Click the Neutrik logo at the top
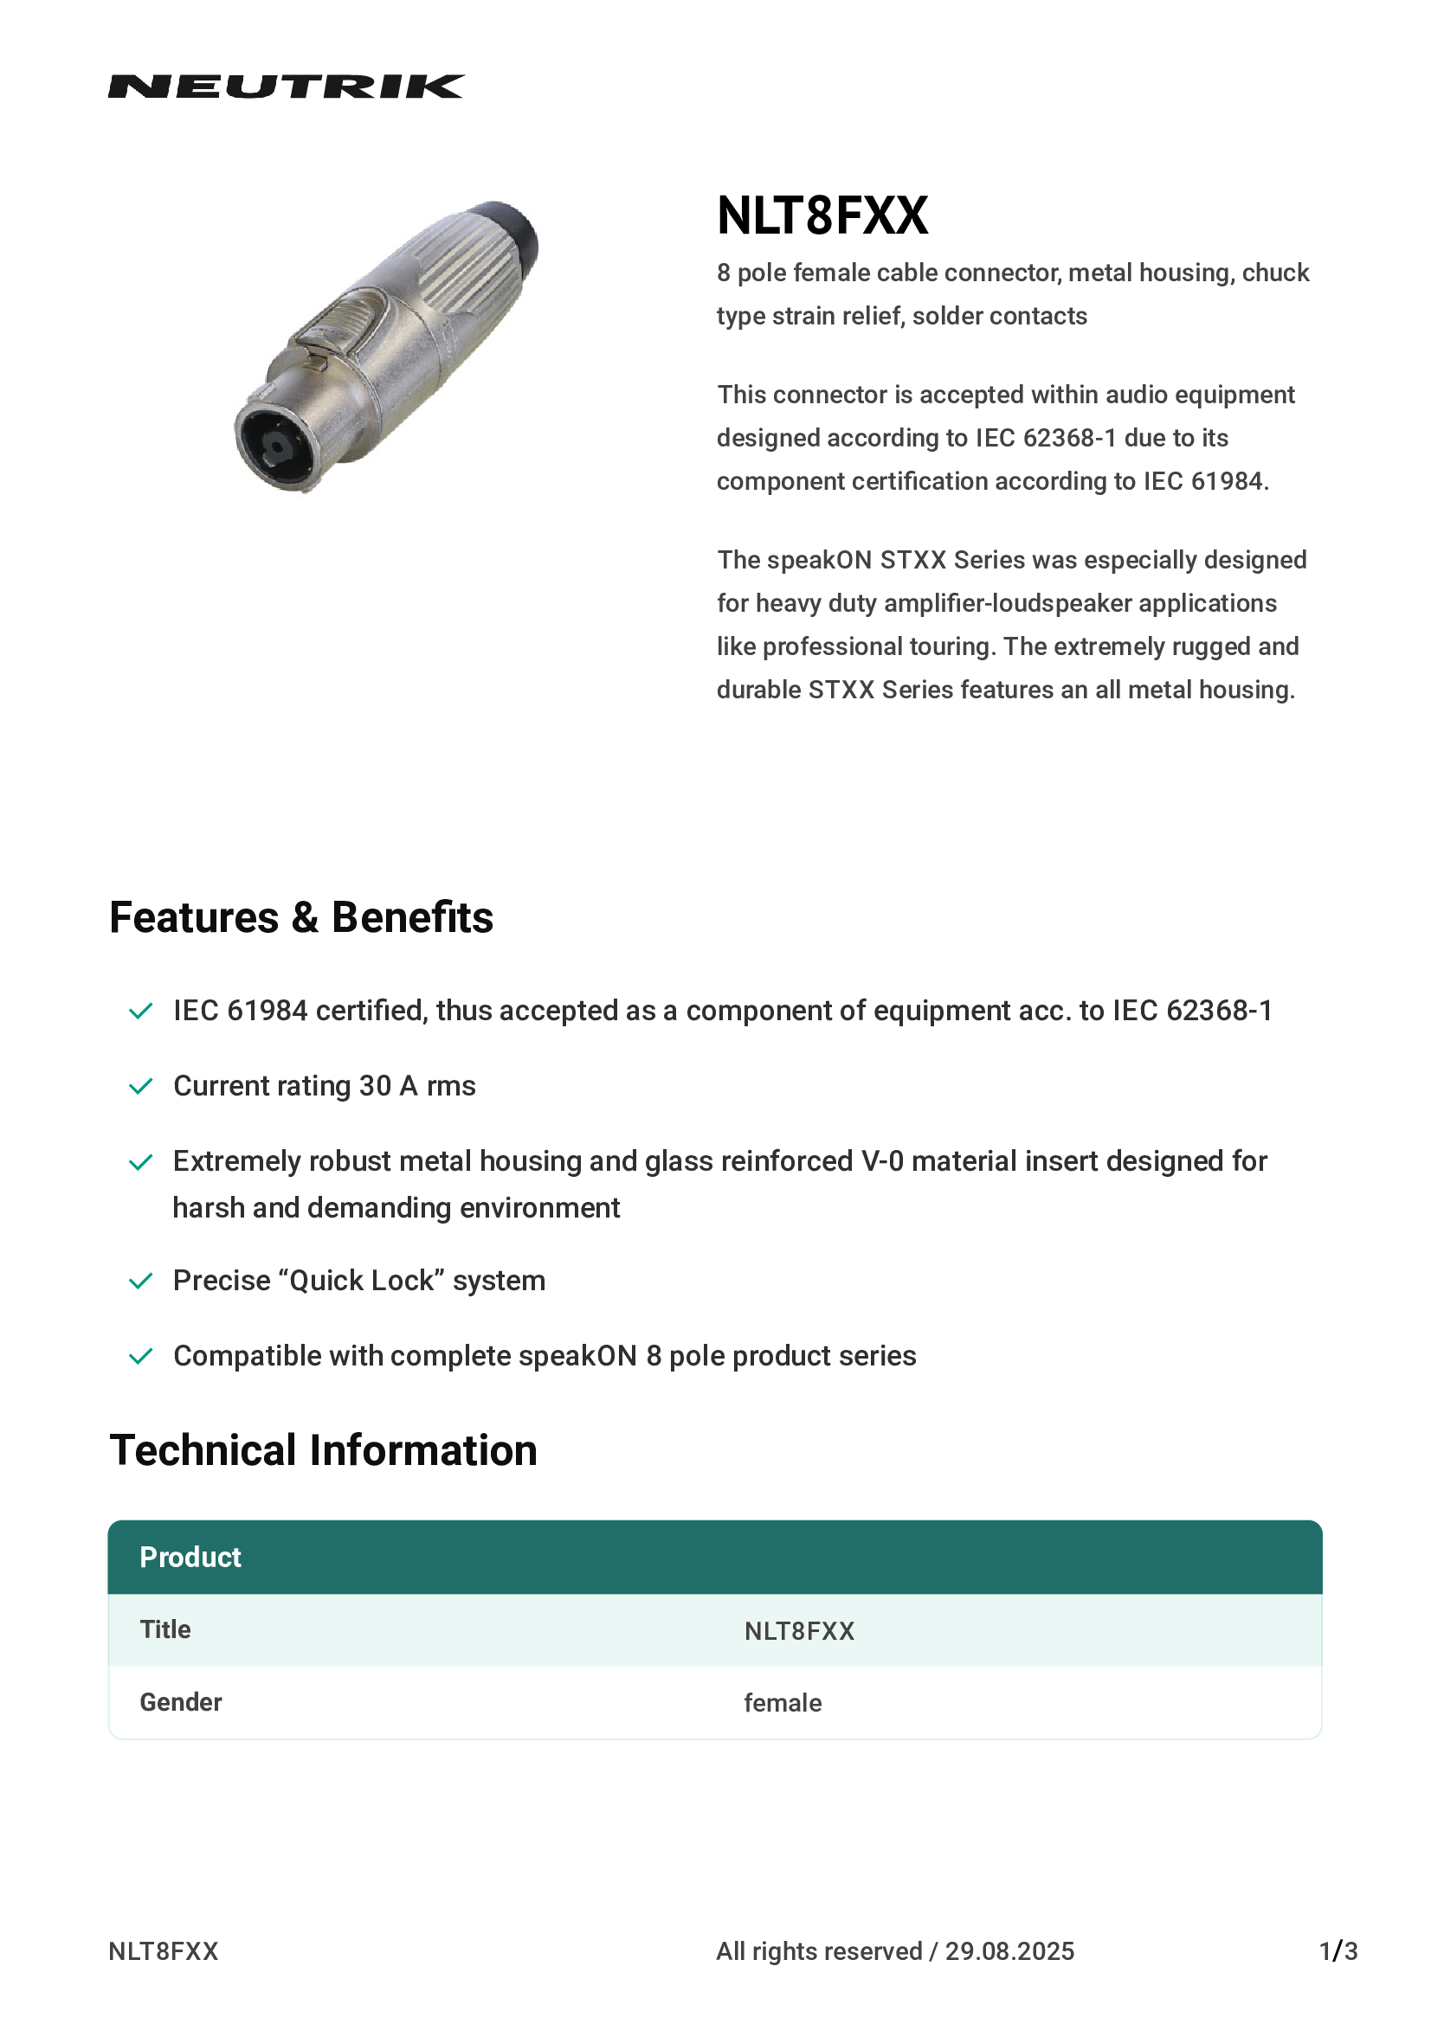point(286,87)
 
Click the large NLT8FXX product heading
point(822,216)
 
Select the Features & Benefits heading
point(300,917)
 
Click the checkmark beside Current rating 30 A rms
point(141,1086)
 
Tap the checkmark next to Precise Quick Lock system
point(141,1281)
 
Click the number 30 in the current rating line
point(375,1086)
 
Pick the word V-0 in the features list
point(881,1162)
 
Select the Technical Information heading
point(323,1451)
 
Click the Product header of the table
point(190,1558)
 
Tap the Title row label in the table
point(164,1630)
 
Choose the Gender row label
point(181,1702)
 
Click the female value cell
point(782,1703)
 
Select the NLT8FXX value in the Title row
point(799,1632)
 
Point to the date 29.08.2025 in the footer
point(1009,1951)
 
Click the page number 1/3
point(1338,1951)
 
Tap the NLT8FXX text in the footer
point(163,1951)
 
